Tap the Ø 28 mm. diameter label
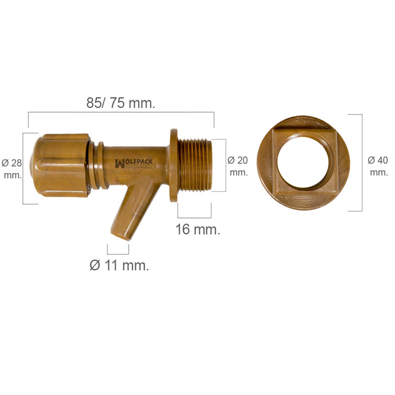click(12, 168)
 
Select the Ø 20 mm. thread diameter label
click(238, 166)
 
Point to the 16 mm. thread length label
click(198, 230)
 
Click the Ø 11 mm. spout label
click(119, 266)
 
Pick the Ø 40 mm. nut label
click(378, 166)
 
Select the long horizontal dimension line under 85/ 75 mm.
click(121, 113)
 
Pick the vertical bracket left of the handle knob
click(24, 168)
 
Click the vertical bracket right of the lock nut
click(360, 162)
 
